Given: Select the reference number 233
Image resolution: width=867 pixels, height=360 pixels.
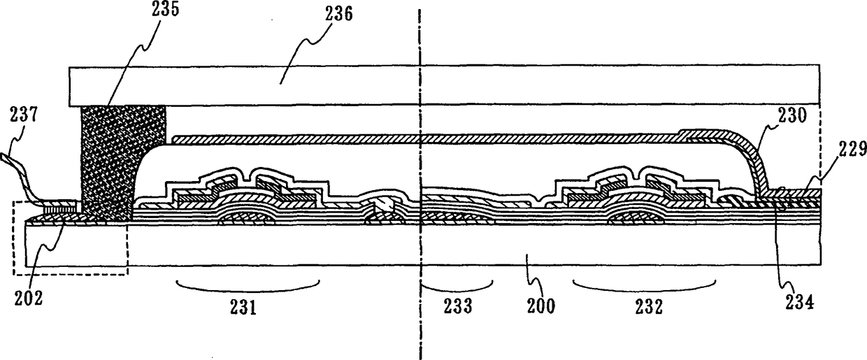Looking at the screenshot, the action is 457,305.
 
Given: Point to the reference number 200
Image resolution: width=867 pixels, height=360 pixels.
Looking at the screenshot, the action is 540,305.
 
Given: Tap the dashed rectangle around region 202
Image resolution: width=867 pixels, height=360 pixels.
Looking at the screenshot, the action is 70,273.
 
